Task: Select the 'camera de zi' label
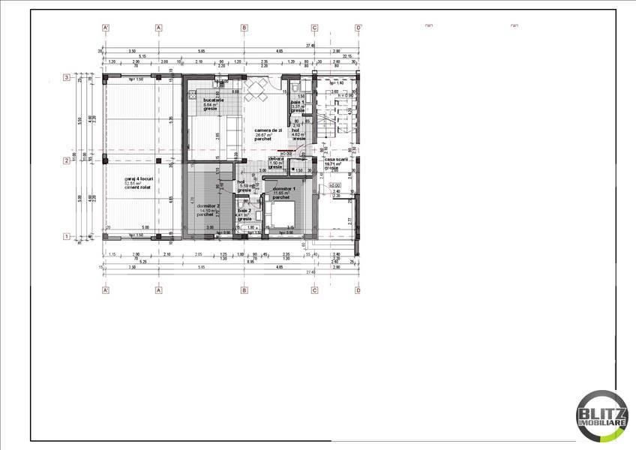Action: click(268, 130)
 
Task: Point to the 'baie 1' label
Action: click(298, 102)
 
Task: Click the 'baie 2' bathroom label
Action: click(244, 211)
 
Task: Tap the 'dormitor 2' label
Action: click(206, 205)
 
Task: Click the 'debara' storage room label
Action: click(276, 159)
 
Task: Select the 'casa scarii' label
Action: click(332, 159)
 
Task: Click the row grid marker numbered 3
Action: click(67, 77)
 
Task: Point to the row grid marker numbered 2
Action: click(67, 160)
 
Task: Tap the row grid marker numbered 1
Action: click(67, 237)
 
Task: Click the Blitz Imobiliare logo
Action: click(601, 415)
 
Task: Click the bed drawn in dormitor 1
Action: click(282, 217)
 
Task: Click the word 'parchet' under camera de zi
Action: click(262, 139)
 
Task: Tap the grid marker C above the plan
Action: click(314, 28)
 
